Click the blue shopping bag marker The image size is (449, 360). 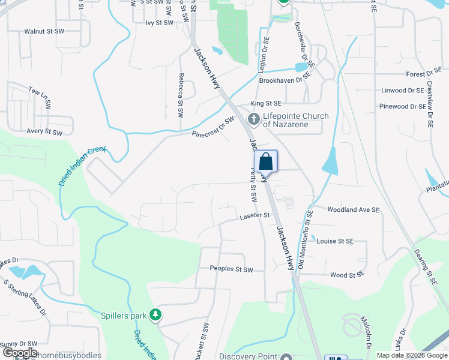click(x=266, y=161)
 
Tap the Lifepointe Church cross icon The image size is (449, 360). click(x=254, y=119)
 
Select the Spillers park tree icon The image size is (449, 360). click(x=155, y=314)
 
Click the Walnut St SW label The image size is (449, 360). click(x=43, y=31)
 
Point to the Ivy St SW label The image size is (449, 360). click(x=159, y=22)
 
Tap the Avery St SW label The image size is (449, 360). click(x=44, y=131)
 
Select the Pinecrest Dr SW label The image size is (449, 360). click(x=212, y=127)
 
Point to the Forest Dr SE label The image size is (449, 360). click(x=424, y=74)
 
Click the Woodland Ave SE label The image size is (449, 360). click(x=354, y=210)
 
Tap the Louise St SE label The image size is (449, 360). click(x=335, y=241)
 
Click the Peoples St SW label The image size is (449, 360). click(x=231, y=270)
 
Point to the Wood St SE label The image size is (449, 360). click(x=348, y=275)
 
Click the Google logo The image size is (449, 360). click(x=20, y=353)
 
